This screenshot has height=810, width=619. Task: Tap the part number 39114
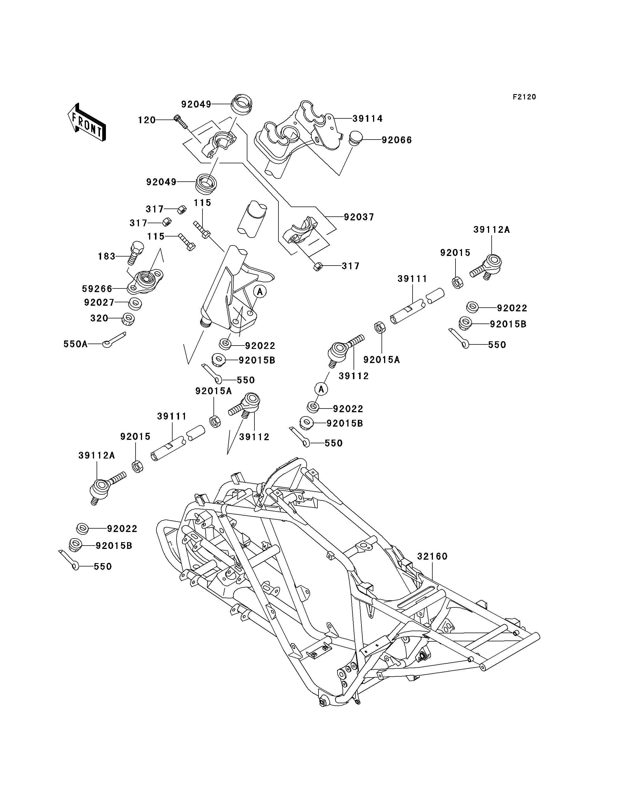coord(368,119)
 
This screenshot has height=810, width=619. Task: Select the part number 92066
coord(397,140)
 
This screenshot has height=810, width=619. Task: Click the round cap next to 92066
coord(356,138)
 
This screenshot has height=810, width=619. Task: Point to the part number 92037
coord(359,217)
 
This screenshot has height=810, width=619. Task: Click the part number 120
coord(147,120)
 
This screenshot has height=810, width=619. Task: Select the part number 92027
coord(99,302)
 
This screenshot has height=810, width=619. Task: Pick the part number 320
coord(99,318)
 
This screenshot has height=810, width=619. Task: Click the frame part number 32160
coord(432,556)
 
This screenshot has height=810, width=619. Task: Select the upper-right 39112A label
coord(492,230)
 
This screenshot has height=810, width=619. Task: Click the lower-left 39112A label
coord(97,456)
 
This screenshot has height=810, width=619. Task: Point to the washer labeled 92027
coord(135,304)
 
